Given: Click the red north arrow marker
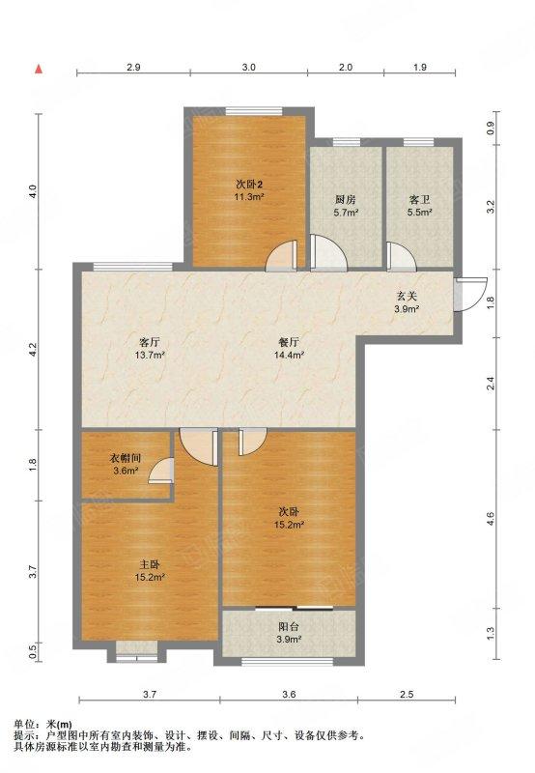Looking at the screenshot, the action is pyautogui.click(x=39, y=69).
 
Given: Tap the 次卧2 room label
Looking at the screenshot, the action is pyautogui.click(x=249, y=185).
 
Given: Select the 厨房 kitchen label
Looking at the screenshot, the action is pyautogui.click(x=346, y=200).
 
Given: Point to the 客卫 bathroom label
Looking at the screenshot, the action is pyautogui.click(x=420, y=200).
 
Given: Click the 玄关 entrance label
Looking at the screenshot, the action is pyautogui.click(x=407, y=297).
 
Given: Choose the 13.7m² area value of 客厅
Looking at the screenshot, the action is pyautogui.click(x=150, y=355).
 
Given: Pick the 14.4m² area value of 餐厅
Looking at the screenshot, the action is pyautogui.click(x=289, y=355).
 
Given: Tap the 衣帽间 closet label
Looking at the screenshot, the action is pyautogui.click(x=126, y=458).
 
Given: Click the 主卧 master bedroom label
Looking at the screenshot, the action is pyautogui.click(x=150, y=564).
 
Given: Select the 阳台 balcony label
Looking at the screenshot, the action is pyautogui.click(x=289, y=627).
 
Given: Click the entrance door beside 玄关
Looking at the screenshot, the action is pyautogui.click(x=470, y=295).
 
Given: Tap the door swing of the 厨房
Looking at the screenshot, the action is pyautogui.click(x=328, y=252).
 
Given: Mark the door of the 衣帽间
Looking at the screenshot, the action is pyautogui.click(x=161, y=471).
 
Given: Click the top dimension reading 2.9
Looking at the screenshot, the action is pyautogui.click(x=133, y=67).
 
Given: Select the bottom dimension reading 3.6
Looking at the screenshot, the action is pyautogui.click(x=289, y=694).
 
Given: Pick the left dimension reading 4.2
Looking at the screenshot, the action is pyautogui.click(x=33, y=350).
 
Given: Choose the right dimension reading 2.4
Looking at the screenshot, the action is pyautogui.click(x=491, y=383).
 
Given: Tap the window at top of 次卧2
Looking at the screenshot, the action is pyautogui.click(x=254, y=111).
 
